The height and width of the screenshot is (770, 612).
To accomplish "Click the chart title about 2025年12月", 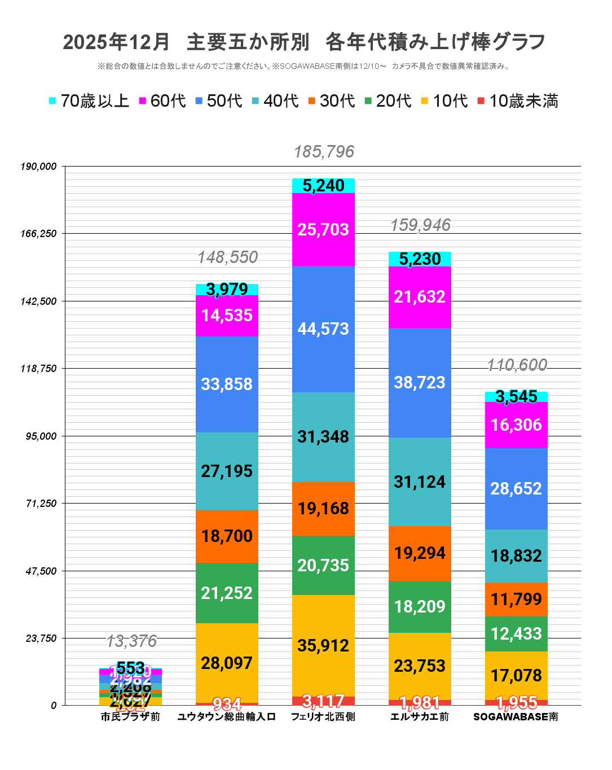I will coord(304,42).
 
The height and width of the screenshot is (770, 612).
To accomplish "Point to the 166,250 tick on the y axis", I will coord(38,234).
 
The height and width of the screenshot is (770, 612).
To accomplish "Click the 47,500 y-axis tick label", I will coord(41,571).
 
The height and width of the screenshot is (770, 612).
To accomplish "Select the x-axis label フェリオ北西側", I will coord(323,717).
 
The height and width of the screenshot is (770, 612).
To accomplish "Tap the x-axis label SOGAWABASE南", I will coord(516,717).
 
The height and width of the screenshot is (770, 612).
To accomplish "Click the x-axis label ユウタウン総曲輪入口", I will coord(227,717).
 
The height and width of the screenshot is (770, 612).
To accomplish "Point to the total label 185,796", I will coord(324,152).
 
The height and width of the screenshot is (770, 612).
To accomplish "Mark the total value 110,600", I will coord(517,365).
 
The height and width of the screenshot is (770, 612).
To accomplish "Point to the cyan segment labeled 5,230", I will coord(420,259).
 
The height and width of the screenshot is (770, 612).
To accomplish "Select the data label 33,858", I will coord(227,384).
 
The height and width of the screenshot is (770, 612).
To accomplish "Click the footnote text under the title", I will coord(304,67).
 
